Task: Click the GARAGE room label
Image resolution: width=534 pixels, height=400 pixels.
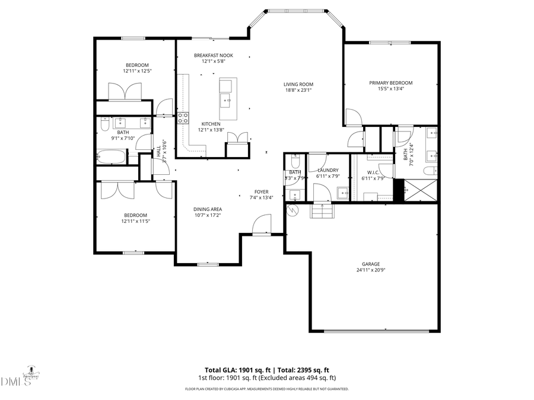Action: pos(371,264)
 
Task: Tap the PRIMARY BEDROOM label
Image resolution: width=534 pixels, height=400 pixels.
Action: pos(390,83)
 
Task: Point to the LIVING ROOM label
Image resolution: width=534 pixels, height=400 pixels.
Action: pos(298,84)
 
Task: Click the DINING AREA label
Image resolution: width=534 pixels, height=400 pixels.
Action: pos(208,209)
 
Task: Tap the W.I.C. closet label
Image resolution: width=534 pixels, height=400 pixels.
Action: pos(373,171)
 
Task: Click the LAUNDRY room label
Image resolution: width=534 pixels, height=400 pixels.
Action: pos(327,170)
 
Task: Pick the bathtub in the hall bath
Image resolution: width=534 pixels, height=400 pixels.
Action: pos(111,157)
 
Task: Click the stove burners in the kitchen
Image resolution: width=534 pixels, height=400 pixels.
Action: pos(183,117)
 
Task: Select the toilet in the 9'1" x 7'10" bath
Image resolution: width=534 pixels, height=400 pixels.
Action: pos(104,124)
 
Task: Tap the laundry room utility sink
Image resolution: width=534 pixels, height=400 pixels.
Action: pos(342,193)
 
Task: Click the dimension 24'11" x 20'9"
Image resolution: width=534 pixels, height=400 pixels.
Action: pos(371,271)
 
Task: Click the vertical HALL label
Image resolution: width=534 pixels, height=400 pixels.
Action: pos(158,153)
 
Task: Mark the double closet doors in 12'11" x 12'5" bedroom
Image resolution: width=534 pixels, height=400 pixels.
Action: pos(125,92)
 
